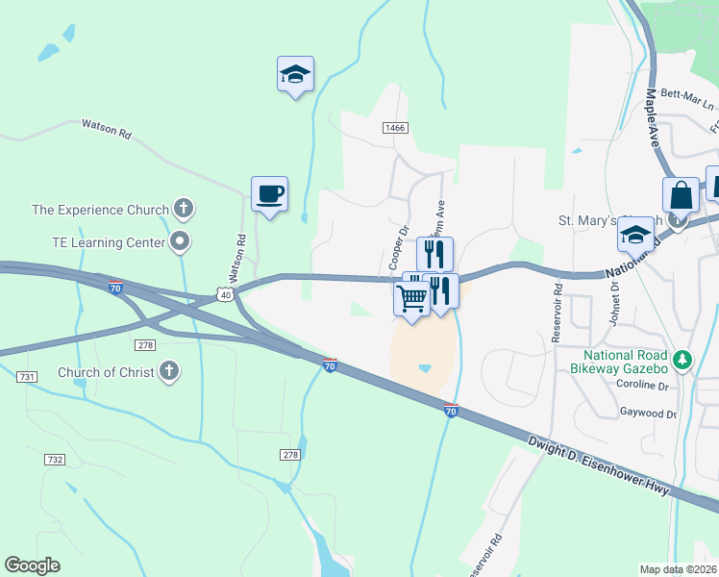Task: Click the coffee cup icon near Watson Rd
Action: click(x=269, y=193)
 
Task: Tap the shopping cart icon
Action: click(x=412, y=299)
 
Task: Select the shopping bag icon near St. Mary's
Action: click(x=681, y=194)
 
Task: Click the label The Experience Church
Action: click(x=100, y=209)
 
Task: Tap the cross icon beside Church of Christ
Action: click(x=168, y=371)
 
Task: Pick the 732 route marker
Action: click(x=55, y=460)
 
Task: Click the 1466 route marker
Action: click(x=394, y=127)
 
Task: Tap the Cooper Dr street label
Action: click(x=398, y=247)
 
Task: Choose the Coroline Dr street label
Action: click(x=643, y=385)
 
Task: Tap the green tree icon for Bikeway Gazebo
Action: click(x=683, y=359)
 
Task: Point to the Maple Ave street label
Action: click(x=659, y=116)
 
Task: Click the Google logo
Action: click(x=32, y=565)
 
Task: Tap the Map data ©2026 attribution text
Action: click(x=678, y=569)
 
